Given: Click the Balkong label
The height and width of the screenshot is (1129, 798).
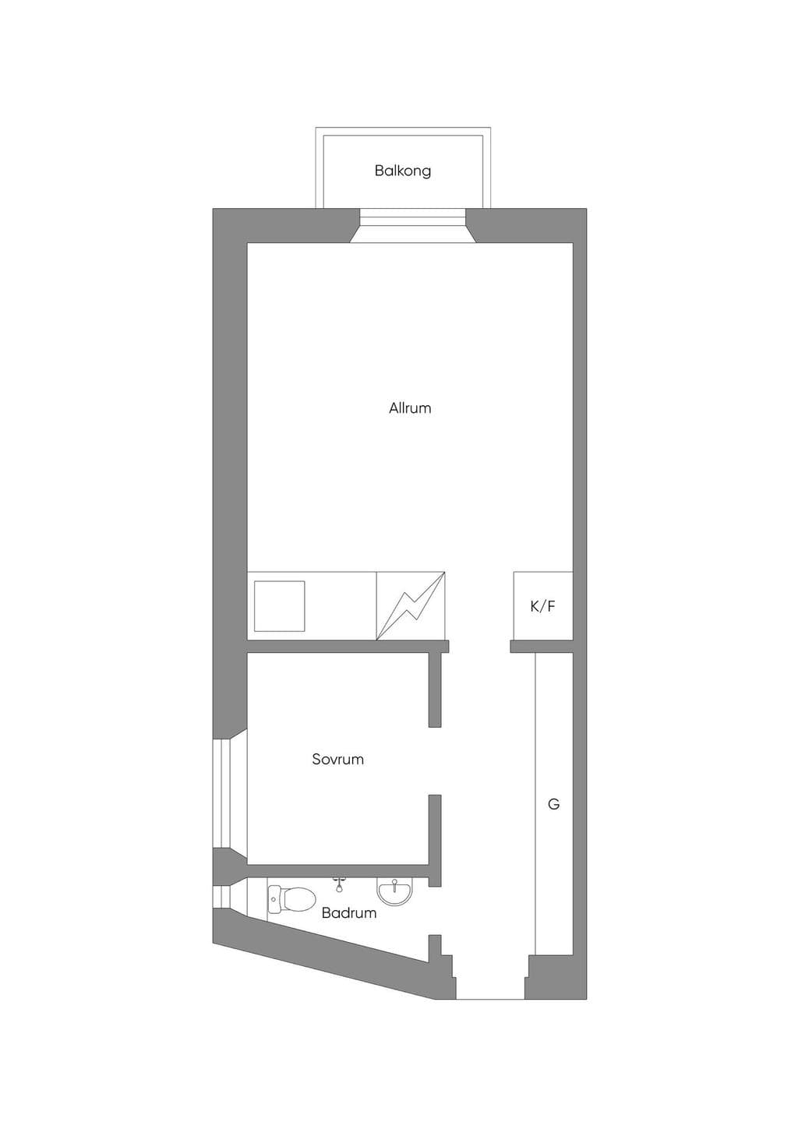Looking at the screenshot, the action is click(402, 171).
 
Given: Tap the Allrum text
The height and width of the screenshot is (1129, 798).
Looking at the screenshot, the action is click(410, 408).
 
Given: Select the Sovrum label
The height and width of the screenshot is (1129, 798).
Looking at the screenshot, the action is click(337, 759).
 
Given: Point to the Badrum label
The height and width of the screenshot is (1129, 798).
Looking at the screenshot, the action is click(349, 912).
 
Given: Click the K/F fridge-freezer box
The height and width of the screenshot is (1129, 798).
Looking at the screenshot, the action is click(543, 606).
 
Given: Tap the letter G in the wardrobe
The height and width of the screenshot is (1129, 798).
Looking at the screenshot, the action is click(553, 804).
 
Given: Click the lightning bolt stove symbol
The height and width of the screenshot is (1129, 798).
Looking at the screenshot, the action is click(411, 606).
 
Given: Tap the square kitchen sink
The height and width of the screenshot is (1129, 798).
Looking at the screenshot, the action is click(279, 606).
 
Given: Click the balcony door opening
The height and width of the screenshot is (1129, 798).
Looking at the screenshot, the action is click(412, 225).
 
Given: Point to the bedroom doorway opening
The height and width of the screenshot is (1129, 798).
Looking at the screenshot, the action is click(435, 768).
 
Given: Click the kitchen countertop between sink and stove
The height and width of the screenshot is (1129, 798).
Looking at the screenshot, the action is click(341, 606).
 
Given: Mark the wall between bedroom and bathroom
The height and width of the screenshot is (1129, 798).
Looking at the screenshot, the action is click(337, 871).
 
